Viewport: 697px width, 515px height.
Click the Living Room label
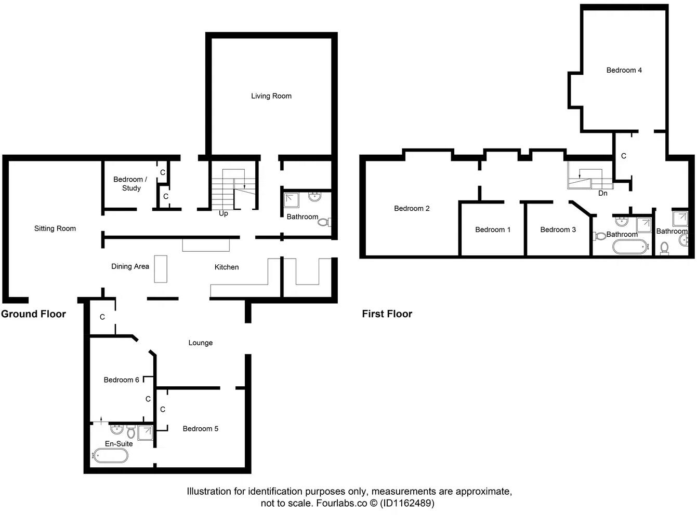(271, 96)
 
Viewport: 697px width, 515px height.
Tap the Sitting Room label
(55, 228)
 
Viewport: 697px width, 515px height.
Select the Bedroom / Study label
(130, 184)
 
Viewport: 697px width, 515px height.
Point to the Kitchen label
(227, 267)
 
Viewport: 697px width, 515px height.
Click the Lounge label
(200, 343)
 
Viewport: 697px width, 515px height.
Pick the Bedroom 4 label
(624, 70)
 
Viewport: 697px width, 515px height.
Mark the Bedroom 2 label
(412, 208)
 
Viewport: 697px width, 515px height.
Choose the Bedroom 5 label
(200, 428)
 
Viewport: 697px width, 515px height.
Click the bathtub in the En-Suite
(110, 456)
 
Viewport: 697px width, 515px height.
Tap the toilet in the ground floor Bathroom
(324, 222)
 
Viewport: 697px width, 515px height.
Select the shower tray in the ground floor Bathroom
(292, 200)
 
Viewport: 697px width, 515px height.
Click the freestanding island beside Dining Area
(161, 268)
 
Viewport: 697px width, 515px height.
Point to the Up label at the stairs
(223, 213)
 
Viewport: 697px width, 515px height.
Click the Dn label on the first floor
(602, 193)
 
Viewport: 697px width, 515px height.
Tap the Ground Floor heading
(33, 314)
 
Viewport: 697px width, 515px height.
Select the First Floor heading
(387, 314)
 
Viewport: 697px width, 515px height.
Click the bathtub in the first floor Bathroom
(629, 247)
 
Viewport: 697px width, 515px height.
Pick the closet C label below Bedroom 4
(623, 156)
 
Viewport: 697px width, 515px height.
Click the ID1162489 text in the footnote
(407, 503)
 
